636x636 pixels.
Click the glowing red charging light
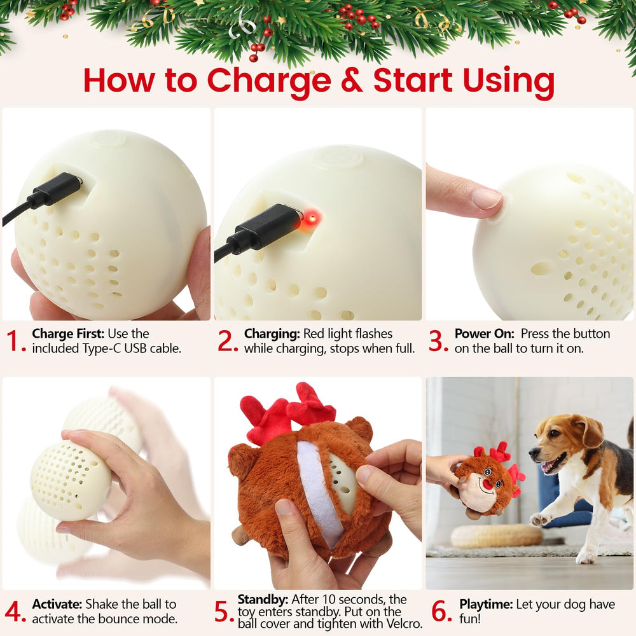(x=312, y=219)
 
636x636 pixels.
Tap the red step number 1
(x=15, y=341)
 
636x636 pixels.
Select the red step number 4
(x=15, y=611)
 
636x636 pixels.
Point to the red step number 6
(x=441, y=611)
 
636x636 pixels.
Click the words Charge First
(x=68, y=333)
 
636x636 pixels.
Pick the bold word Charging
(x=272, y=334)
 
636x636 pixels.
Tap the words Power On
(x=484, y=333)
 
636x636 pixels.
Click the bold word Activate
(x=57, y=604)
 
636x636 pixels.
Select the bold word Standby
(x=263, y=600)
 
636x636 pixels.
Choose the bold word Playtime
(x=486, y=604)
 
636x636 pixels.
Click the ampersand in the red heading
(x=352, y=80)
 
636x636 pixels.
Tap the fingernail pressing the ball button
(x=487, y=198)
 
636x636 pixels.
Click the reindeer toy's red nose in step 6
(x=488, y=484)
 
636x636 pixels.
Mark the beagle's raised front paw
(x=539, y=519)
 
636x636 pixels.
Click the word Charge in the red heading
(x=269, y=81)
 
